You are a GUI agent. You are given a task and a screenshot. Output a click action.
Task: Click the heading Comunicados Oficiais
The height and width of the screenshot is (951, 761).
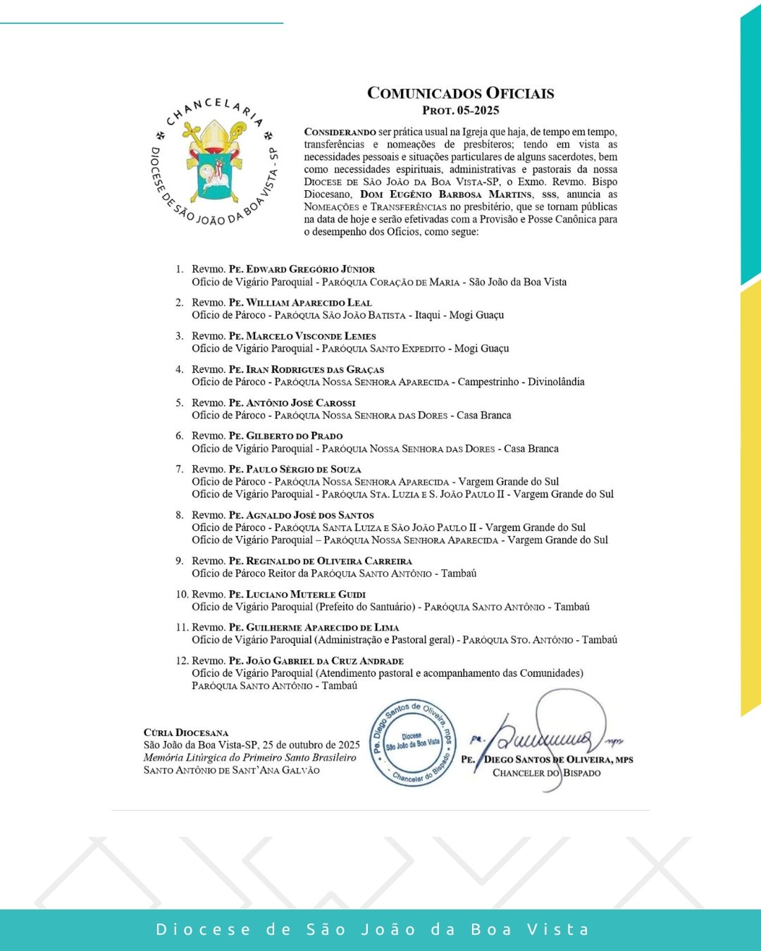(x=460, y=93)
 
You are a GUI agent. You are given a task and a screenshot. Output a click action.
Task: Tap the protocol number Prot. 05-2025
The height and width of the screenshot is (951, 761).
(x=460, y=111)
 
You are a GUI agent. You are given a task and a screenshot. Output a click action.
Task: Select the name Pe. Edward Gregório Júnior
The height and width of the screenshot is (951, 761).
(x=302, y=269)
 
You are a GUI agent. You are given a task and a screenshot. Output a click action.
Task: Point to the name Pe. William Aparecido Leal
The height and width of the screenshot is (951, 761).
(x=300, y=303)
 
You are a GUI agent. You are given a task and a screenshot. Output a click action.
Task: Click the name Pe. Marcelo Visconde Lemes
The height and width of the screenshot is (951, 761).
(x=302, y=336)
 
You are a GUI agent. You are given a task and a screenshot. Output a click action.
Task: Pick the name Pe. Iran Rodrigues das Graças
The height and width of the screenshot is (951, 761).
(x=307, y=369)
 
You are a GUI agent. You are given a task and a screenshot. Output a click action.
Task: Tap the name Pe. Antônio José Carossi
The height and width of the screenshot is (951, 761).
(x=292, y=403)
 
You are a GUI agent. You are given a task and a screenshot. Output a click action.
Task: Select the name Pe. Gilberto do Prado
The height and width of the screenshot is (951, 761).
(x=285, y=436)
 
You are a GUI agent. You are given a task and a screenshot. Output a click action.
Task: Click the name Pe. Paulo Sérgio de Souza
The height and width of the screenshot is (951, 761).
(x=295, y=469)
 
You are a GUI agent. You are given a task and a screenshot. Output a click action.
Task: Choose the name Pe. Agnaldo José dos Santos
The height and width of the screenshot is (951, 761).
(x=301, y=516)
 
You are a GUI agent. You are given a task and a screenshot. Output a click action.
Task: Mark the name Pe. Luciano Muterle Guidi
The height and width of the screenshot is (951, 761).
(x=297, y=595)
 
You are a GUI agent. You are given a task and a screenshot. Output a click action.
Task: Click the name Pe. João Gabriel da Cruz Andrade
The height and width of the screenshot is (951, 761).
(x=316, y=661)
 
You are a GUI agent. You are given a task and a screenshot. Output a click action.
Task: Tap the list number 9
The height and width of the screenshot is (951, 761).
(x=180, y=561)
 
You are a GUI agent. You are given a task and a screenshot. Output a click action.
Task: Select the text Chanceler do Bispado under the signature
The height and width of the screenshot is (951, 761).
(x=546, y=773)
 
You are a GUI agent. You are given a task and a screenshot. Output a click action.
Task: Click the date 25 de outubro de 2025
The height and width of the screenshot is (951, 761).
(x=311, y=745)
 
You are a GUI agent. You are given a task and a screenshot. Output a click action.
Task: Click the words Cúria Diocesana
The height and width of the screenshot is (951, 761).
(x=186, y=733)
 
